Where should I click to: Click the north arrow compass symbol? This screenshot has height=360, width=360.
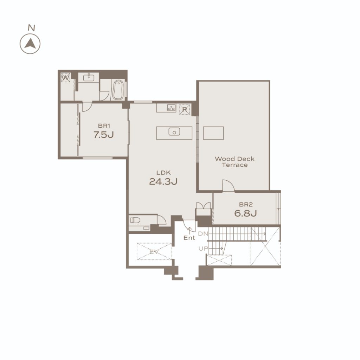click(30, 44)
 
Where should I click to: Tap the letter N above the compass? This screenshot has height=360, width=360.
click(31, 28)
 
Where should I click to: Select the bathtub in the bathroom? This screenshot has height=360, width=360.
click(118, 90)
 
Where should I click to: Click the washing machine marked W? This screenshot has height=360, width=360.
click(65, 78)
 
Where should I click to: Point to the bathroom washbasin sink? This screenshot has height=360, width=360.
click(88, 77)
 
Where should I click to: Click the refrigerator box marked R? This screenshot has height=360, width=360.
click(185, 110)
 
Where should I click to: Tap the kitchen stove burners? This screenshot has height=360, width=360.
click(171, 107)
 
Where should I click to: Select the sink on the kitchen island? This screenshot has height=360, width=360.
click(174, 132)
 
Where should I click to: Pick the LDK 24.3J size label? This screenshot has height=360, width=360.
click(163, 178)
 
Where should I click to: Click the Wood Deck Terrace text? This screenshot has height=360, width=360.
click(234, 162)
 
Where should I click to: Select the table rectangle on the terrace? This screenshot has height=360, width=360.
click(213, 133)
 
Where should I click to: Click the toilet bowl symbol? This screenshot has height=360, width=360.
click(135, 220)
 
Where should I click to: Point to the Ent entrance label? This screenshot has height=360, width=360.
click(189, 238)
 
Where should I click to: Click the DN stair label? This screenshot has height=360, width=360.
click(203, 234)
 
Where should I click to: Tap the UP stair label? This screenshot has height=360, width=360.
click(203, 249)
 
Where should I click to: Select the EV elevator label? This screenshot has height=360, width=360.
click(154, 252)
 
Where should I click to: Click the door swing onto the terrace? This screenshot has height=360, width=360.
click(229, 186)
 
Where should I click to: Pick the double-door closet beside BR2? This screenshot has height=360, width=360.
click(204, 208)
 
